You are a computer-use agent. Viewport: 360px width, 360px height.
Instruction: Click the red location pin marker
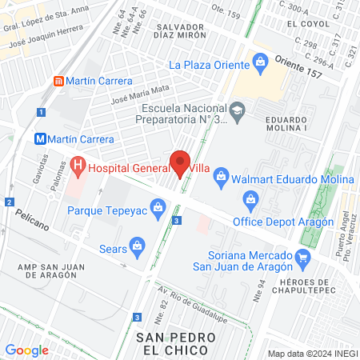click(x=182, y=163)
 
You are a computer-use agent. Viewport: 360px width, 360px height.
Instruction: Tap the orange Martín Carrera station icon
click(x=58, y=81)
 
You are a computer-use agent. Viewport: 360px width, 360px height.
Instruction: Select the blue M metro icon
click(x=40, y=138)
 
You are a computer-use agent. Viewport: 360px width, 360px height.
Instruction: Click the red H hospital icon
click(x=78, y=167)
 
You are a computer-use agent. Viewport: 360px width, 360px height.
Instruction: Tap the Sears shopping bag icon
click(x=138, y=244)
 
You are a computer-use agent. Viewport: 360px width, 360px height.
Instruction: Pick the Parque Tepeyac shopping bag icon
click(x=158, y=211)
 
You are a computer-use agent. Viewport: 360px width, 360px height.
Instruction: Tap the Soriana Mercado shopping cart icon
click(x=302, y=258)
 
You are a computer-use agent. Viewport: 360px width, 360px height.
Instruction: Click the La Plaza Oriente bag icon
click(x=259, y=61)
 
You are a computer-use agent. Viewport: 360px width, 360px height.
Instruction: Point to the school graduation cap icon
click(x=238, y=109)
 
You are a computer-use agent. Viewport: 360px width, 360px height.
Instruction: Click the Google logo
click(x=26, y=350)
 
